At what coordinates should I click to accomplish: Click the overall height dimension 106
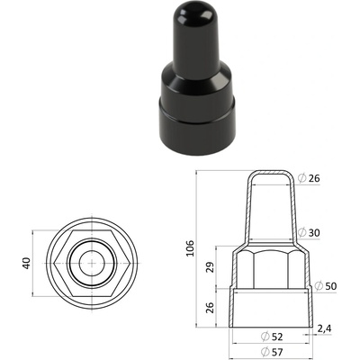[191, 248]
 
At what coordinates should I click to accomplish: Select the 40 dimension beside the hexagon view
[27, 263]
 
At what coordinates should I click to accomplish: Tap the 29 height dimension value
[211, 267]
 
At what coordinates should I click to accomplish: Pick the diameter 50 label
[325, 286]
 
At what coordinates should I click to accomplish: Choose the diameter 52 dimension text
[272, 337]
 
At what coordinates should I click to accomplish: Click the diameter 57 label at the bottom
[272, 351]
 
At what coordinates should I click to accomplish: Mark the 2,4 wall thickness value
[324, 328]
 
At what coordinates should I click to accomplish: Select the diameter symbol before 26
[301, 178]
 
